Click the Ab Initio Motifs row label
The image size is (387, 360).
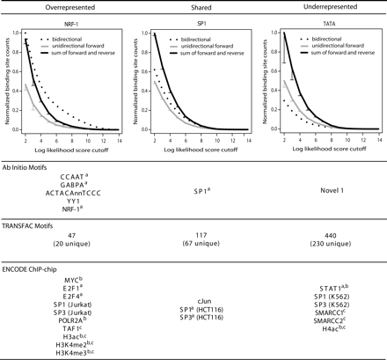[33, 159]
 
